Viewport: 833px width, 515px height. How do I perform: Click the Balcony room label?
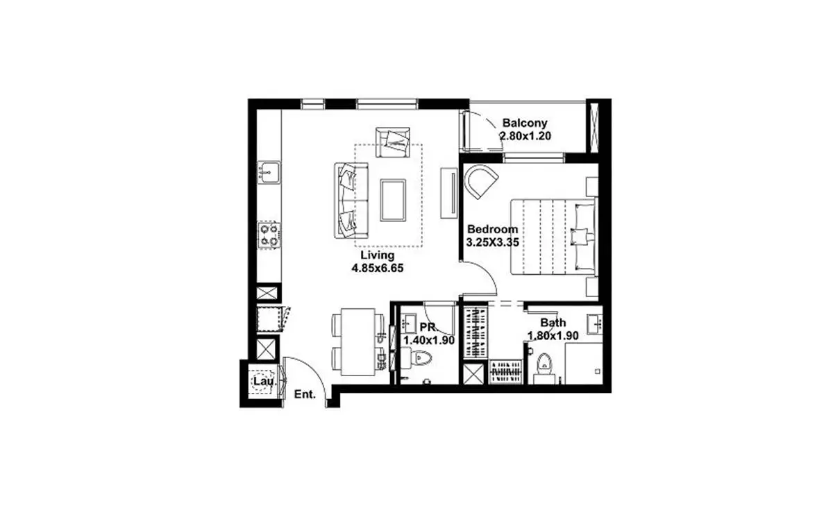[525, 123]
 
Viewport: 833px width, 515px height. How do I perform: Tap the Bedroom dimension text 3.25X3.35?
[492, 242]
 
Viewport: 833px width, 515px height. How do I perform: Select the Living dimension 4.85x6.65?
[378, 268]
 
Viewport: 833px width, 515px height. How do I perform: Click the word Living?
[378, 255]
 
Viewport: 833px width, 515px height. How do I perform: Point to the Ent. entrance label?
[305, 394]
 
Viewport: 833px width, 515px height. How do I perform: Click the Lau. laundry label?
[264, 382]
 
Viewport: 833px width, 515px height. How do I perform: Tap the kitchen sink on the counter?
[269, 172]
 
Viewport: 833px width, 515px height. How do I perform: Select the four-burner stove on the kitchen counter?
[269, 235]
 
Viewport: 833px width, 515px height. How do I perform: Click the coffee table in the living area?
[393, 200]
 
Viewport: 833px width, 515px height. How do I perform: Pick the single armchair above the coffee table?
[393, 142]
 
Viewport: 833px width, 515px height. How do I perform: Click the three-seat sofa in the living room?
[351, 201]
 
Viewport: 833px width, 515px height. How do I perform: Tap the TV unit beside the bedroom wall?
[449, 193]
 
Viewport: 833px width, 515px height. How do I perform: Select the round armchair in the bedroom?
[481, 181]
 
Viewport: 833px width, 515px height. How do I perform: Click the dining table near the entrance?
[357, 341]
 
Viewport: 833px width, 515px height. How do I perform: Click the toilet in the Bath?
[544, 367]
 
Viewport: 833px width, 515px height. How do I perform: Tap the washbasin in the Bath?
[595, 324]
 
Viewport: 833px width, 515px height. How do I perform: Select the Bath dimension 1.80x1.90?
[553, 336]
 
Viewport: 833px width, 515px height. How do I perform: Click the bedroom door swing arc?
[485, 273]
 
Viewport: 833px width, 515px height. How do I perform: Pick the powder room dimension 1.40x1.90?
[429, 340]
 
